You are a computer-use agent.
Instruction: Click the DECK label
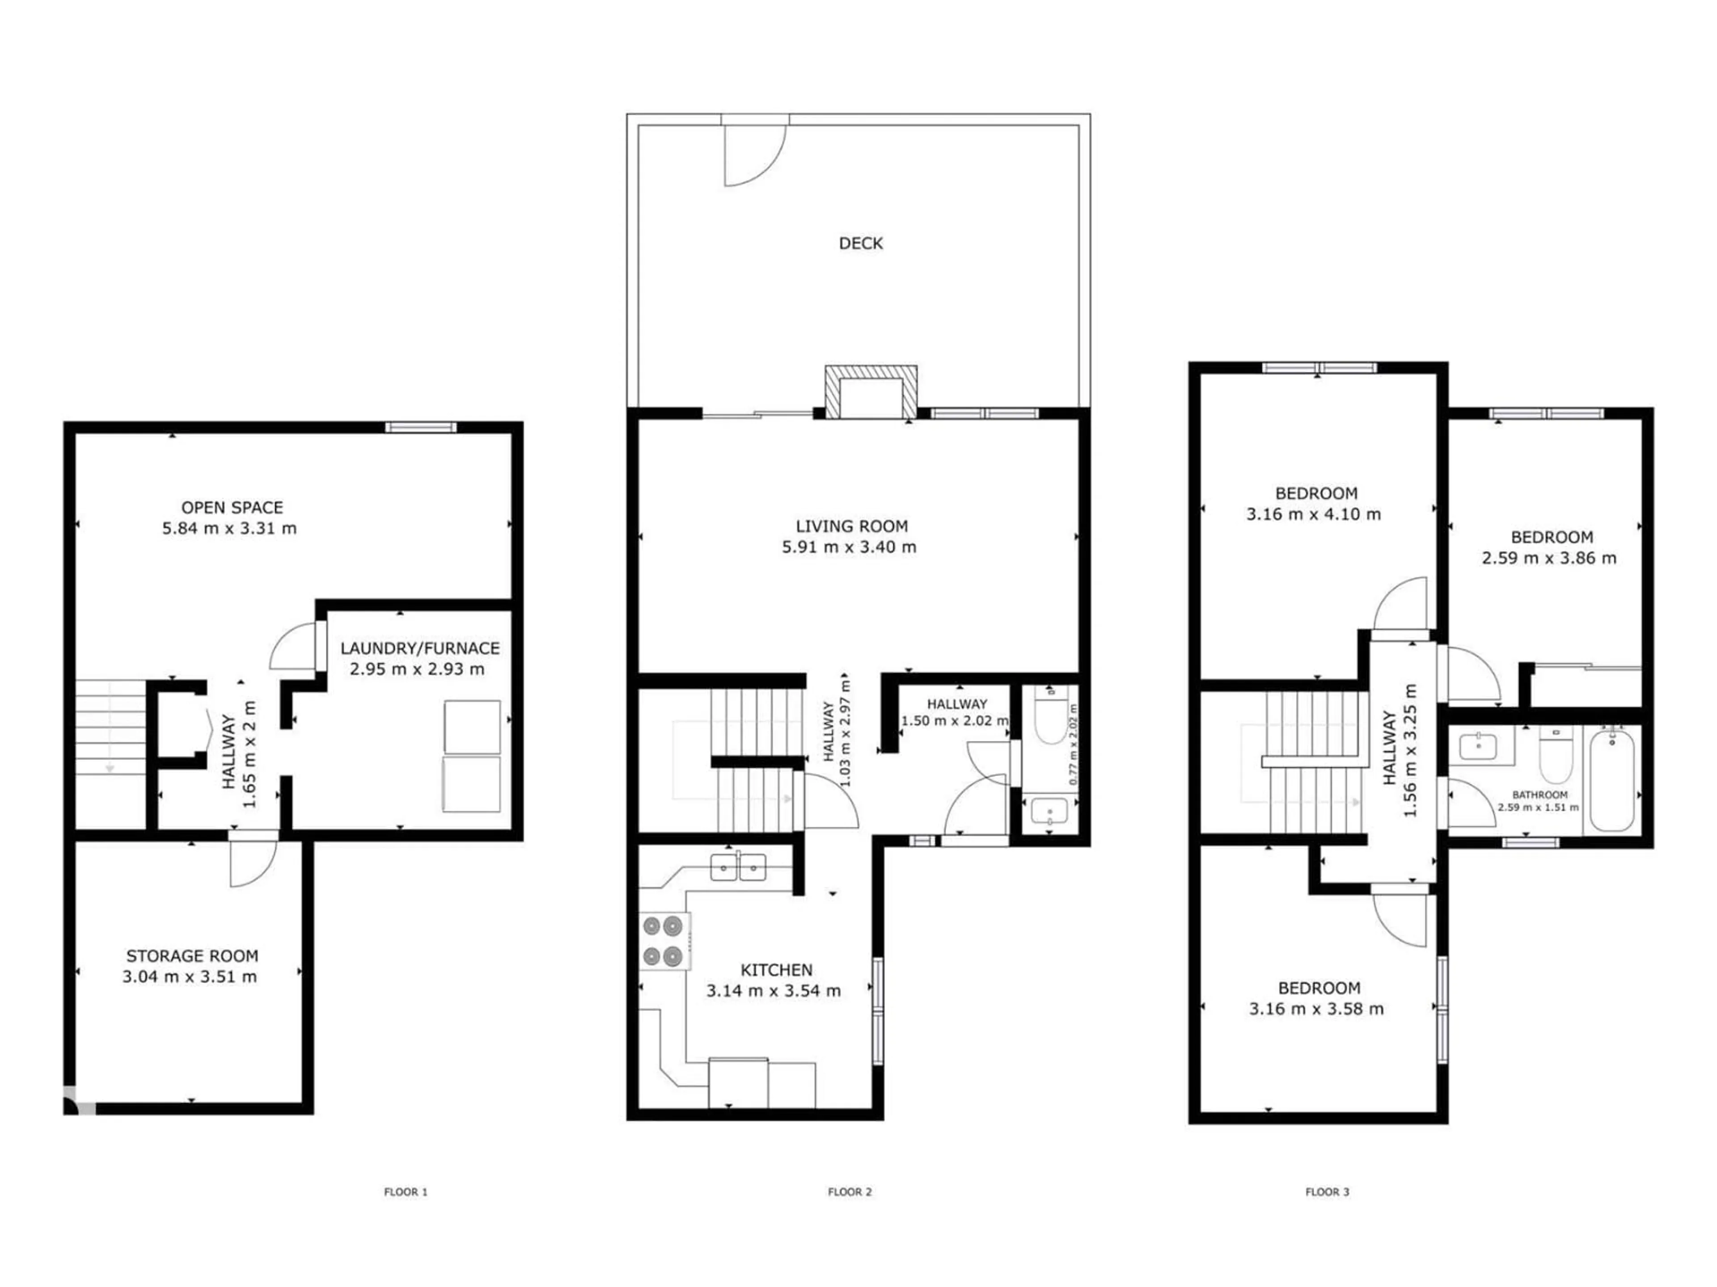(x=861, y=244)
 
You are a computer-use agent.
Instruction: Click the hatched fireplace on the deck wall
(x=870, y=392)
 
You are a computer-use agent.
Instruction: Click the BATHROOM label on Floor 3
(x=1539, y=795)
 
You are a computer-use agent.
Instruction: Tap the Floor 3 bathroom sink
(x=1477, y=748)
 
